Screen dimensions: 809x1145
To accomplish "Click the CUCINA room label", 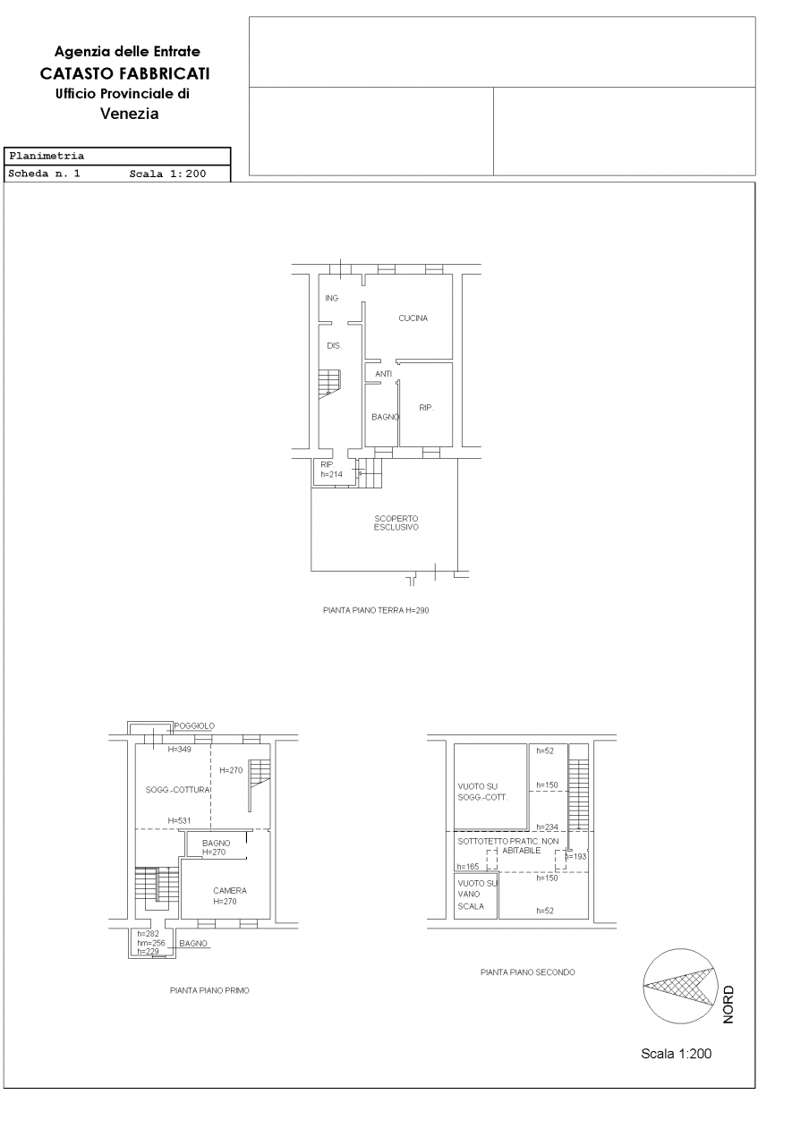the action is [413, 318].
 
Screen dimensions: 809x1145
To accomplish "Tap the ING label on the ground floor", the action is [331, 298].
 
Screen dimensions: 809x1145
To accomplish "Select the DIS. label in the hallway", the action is [334, 345].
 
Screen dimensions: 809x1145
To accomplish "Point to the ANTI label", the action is [383, 374].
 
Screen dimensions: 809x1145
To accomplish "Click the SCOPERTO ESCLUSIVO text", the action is [396, 523].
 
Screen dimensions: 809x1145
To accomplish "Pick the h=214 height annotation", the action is [331, 474].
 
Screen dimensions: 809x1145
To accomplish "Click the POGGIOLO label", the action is [194, 725].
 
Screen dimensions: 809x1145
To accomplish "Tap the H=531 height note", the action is [179, 820].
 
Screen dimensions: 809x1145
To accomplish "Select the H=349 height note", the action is [180, 750].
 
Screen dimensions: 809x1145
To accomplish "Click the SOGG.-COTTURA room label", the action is [178, 790].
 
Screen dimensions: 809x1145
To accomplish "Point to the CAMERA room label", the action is [230, 890].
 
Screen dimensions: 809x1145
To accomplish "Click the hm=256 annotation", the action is [151, 943].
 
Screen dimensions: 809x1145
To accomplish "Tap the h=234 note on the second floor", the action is [547, 827].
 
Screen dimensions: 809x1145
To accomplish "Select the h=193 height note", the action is [575, 856].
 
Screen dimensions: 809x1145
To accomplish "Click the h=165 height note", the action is [468, 867].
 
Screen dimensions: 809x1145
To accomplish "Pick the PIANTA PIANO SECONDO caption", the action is [528, 972].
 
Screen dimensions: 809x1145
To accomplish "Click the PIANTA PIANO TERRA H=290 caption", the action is [376, 610].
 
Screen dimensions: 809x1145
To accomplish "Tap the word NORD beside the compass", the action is [728, 1005].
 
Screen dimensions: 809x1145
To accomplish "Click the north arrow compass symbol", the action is [680, 986].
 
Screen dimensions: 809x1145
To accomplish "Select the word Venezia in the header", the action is [130, 114].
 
